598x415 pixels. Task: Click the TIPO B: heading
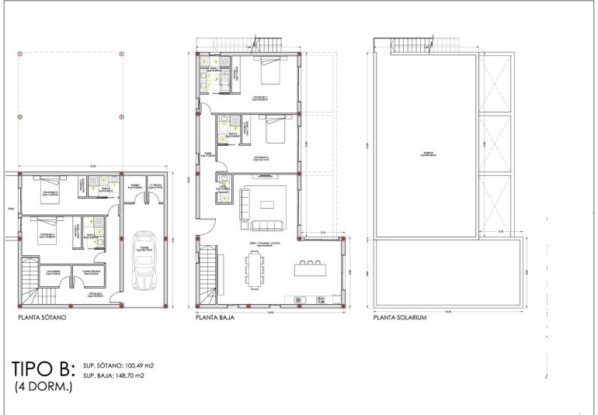(x=43, y=367)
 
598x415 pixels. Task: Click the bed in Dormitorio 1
(x=270, y=72)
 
